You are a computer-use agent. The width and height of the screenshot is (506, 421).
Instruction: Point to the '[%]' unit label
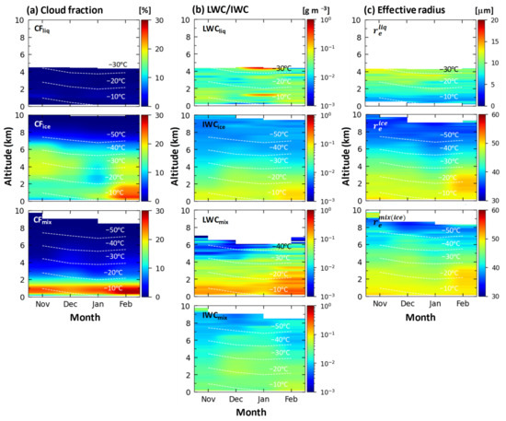(154, 9)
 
